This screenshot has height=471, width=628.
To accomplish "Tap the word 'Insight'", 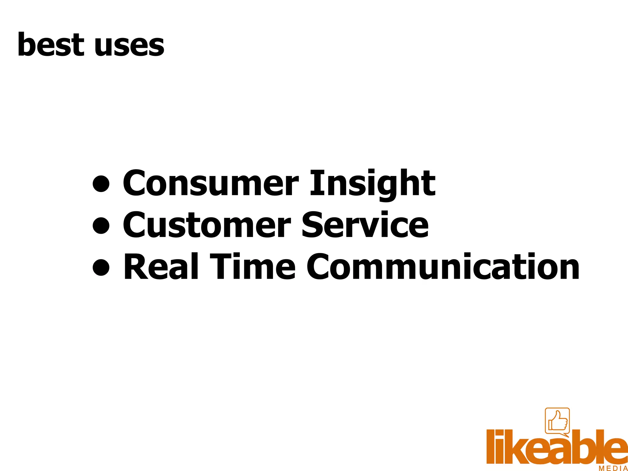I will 372,183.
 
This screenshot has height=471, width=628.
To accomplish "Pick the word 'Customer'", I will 207,225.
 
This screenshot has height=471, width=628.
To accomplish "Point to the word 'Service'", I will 365,225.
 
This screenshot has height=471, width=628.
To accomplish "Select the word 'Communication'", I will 443,267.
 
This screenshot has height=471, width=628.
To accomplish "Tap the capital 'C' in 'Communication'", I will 319,267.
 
